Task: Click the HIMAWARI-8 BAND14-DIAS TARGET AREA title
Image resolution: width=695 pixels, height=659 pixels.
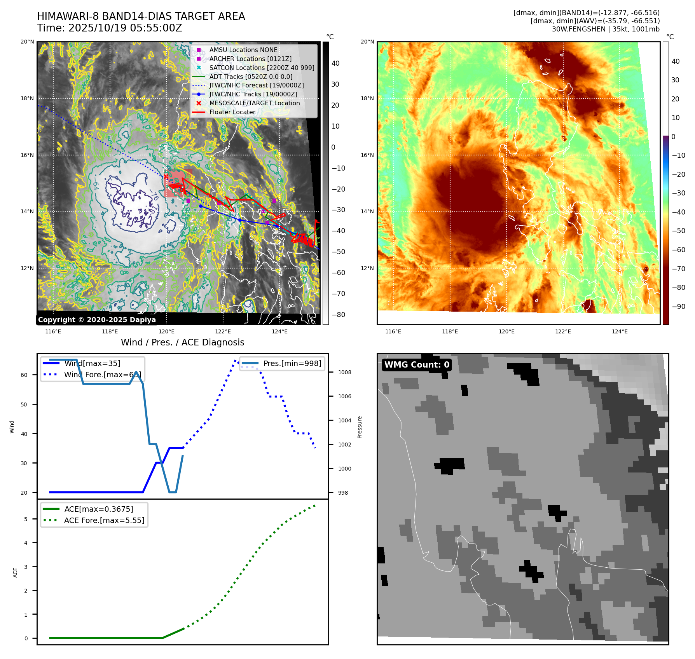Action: (x=141, y=16)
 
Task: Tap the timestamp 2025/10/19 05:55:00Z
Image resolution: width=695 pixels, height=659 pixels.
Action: (x=125, y=28)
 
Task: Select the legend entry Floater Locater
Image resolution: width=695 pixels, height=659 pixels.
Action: (x=232, y=112)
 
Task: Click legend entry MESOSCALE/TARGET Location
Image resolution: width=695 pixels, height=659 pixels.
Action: (x=254, y=103)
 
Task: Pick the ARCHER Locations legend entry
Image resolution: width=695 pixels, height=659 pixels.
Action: (x=250, y=59)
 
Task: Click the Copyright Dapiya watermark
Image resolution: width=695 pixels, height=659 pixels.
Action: (x=97, y=320)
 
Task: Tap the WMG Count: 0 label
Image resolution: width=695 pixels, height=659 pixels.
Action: (x=417, y=365)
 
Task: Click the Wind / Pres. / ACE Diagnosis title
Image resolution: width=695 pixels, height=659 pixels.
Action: (x=182, y=342)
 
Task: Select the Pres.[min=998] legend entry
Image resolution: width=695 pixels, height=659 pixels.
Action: (x=292, y=364)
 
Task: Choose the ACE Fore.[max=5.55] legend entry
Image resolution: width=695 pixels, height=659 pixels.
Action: (x=104, y=520)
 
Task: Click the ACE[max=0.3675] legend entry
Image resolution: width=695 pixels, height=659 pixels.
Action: (x=98, y=509)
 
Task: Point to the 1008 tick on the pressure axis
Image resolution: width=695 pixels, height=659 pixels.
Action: (x=344, y=372)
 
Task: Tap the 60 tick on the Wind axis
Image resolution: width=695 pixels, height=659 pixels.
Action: (x=24, y=375)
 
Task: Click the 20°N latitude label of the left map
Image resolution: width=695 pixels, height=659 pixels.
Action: (x=27, y=42)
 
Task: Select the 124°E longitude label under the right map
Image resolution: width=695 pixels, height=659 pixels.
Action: (x=620, y=331)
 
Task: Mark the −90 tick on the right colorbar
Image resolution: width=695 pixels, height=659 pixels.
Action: (x=678, y=307)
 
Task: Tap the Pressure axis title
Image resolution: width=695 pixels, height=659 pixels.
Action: (x=360, y=427)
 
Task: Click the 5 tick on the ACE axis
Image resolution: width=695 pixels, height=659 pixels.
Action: (x=26, y=519)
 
